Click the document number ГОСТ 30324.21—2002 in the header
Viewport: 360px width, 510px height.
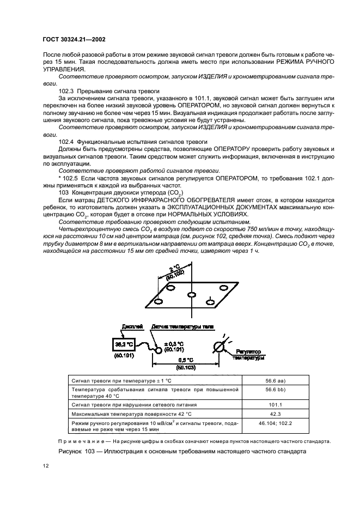click(75, 39)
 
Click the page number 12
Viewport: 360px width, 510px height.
click(46, 465)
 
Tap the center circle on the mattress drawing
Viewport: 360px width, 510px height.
click(191, 295)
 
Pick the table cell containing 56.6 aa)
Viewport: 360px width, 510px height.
click(284, 381)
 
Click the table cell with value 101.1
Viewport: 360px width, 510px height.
click(284, 405)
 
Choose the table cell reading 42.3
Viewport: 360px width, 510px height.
click(284, 414)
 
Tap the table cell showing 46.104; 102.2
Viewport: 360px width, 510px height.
click(284, 426)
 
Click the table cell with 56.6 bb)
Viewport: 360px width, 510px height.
click(284, 392)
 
